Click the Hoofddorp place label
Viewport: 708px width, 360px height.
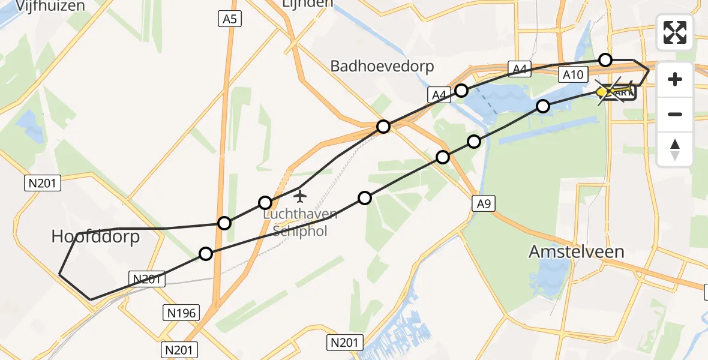tap(95, 236)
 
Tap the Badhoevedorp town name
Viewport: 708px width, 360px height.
tap(382, 66)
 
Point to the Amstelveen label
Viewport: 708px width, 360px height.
tap(576, 251)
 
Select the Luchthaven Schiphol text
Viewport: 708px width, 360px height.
tap(300, 223)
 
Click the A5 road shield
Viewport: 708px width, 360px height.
tap(229, 19)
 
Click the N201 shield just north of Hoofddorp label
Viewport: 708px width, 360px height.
tap(43, 183)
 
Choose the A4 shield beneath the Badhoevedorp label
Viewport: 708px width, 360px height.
tap(440, 95)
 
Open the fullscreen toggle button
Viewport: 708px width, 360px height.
tap(675, 32)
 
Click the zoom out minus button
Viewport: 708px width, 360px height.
tap(675, 114)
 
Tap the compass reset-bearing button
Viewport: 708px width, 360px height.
tap(675, 149)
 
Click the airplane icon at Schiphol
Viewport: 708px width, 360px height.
tap(301, 196)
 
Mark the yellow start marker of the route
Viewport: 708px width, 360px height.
tap(602, 92)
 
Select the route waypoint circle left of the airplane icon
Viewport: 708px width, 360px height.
tap(265, 203)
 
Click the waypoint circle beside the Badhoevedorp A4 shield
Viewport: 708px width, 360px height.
tap(461, 91)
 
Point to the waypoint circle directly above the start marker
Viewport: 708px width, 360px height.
tap(605, 59)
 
